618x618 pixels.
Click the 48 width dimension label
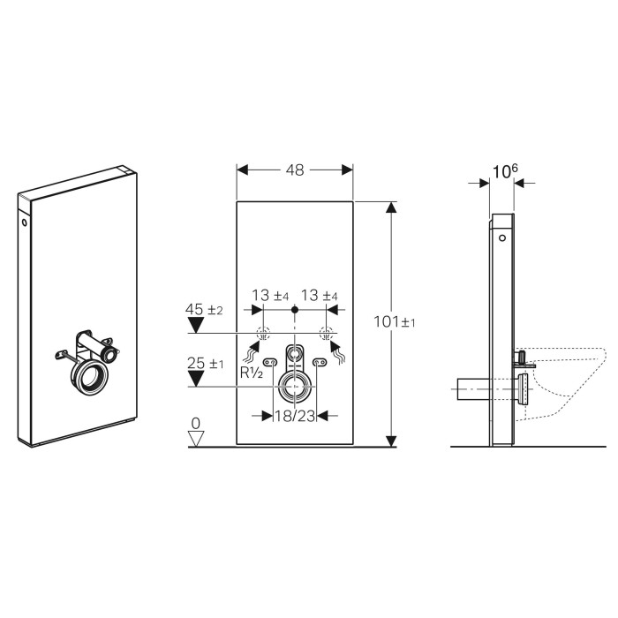295,170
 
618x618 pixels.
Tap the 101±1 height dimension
394,322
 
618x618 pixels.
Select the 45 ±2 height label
204,309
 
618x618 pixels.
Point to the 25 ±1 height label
205,363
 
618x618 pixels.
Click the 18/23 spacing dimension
295,416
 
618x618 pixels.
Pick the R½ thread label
252,373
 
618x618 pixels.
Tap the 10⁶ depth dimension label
505,171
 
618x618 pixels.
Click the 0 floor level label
195,423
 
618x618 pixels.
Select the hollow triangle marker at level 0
196,439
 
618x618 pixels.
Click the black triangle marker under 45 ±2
195,325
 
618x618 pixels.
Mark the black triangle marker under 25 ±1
195,379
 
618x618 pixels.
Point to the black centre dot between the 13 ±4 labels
295,310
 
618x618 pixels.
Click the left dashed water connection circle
263,334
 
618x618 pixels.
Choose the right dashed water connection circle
327,334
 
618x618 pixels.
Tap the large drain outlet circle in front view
295,387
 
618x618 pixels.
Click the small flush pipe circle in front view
294,353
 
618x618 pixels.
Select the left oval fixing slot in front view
270,362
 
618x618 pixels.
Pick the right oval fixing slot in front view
320,362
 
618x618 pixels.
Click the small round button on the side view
502,238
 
